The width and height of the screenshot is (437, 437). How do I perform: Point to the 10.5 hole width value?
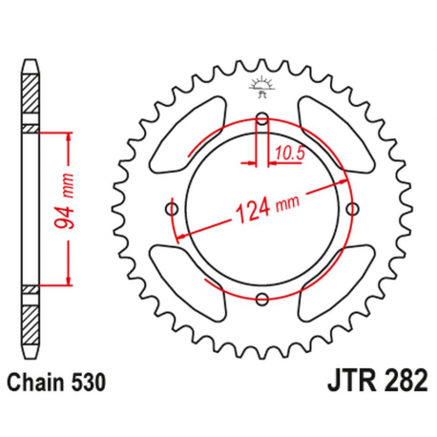[290, 151]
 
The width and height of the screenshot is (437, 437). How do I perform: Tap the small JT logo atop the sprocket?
[260, 89]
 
